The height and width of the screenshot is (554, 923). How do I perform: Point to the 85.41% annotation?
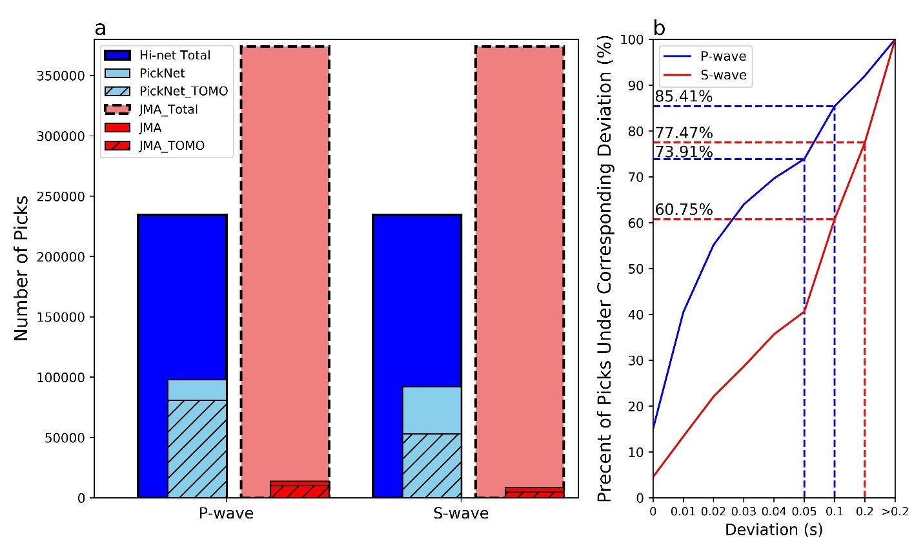pos(684,97)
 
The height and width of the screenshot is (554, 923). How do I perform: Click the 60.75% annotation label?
pos(684,210)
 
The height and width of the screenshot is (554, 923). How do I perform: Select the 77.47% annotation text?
pos(684,133)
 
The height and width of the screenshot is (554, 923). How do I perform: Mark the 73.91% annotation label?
pos(684,152)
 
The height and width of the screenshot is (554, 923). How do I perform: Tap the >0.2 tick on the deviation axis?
pos(895,512)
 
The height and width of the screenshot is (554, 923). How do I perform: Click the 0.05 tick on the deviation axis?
pos(804,512)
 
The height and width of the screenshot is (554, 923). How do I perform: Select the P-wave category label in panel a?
pos(225,514)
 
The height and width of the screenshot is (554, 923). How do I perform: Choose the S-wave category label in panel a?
pos(461,514)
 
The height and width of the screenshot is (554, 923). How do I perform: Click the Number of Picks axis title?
pos(21,268)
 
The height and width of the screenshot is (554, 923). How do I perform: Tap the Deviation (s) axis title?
pos(773,530)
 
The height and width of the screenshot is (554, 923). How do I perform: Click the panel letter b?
pos(659,28)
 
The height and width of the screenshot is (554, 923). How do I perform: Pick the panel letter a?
pos(100,28)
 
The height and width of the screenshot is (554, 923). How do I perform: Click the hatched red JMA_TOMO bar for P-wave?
pos(299,491)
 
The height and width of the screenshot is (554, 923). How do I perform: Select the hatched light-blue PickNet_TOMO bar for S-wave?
pos(431,465)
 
